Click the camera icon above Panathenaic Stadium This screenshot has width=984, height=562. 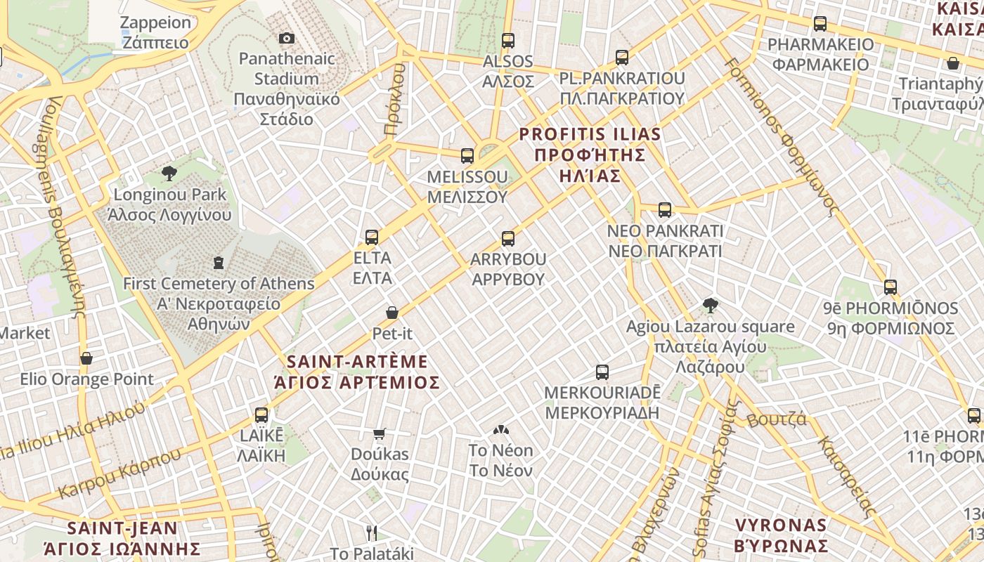(x=286, y=39)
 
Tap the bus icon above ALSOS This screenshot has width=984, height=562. (x=508, y=41)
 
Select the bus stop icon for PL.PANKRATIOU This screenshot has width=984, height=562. (x=622, y=58)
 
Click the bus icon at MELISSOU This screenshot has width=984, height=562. (x=467, y=156)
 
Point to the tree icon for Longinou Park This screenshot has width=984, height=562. (x=169, y=174)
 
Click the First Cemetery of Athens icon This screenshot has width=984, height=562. (x=219, y=263)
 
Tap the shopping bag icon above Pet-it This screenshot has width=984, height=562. (x=392, y=313)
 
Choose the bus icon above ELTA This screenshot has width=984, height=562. (x=372, y=237)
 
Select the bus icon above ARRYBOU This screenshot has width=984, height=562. (x=508, y=239)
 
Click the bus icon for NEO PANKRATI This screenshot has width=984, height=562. (x=665, y=210)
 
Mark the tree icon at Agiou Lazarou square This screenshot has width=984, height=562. (x=711, y=306)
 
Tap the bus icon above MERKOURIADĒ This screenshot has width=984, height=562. (x=602, y=372)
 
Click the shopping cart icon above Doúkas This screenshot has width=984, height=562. (x=380, y=434)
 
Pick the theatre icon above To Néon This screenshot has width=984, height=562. (x=500, y=429)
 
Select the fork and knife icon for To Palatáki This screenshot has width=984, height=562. (x=372, y=533)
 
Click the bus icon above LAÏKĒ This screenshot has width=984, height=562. (x=261, y=415)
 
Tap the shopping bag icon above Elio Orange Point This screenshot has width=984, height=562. (x=86, y=359)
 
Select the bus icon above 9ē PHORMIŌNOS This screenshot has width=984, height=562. (x=891, y=287)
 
